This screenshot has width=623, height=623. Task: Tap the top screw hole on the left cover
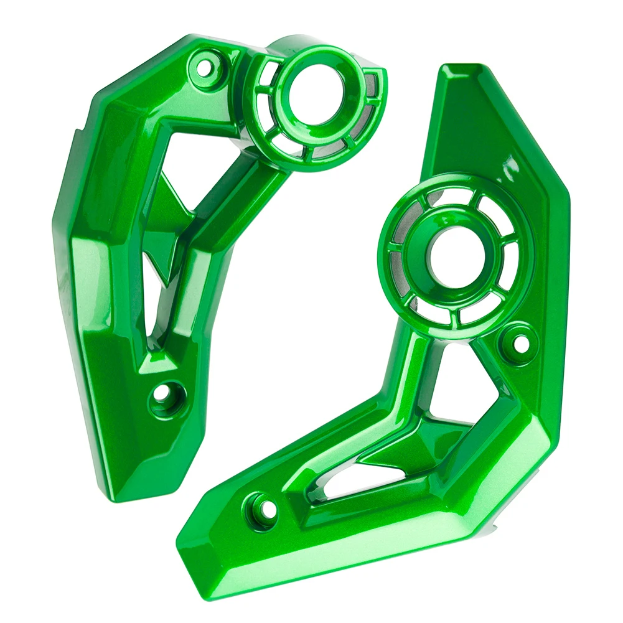(204, 62)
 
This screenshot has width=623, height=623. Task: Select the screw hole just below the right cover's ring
(518, 339)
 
